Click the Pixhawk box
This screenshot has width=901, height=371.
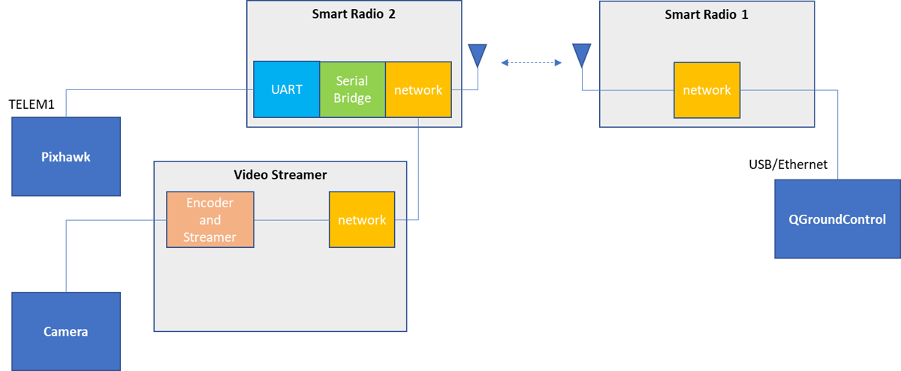pyautogui.click(x=66, y=156)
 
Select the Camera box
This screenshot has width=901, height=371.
pyautogui.click(x=66, y=330)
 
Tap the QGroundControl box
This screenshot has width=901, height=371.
pyautogui.click(x=836, y=219)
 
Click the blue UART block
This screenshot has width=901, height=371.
pyautogui.click(x=286, y=89)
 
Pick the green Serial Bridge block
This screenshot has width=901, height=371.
pyautogui.click(x=352, y=89)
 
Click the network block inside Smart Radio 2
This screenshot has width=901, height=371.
pyautogui.click(x=418, y=89)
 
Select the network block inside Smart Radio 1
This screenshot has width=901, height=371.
pyautogui.click(x=707, y=89)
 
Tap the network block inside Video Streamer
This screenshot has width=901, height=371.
pyautogui.click(x=362, y=219)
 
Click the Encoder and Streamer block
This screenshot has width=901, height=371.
pyautogui.click(x=210, y=219)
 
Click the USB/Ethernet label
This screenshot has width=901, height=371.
pyautogui.click(x=788, y=164)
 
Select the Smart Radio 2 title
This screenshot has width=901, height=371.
pyautogui.click(x=354, y=15)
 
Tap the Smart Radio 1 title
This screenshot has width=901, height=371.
pyautogui.click(x=707, y=14)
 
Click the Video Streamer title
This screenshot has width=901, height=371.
pyautogui.click(x=280, y=174)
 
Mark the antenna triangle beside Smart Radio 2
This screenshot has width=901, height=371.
pyautogui.click(x=477, y=55)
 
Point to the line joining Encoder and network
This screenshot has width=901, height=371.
pyautogui.click(x=291, y=219)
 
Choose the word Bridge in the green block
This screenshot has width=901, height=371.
pyautogui.click(x=352, y=98)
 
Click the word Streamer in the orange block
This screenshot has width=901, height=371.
pyautogui.click(x=210, y=237)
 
